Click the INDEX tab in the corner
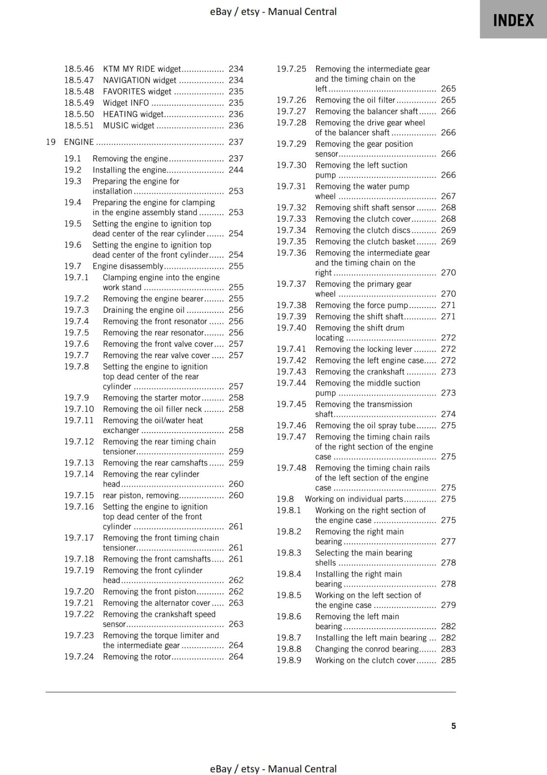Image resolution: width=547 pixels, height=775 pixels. (513, 20)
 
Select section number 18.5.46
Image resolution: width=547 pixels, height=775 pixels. (79, 69)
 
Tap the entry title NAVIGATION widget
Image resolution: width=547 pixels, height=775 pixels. (139, 80)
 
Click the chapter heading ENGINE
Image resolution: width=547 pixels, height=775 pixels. (79, 142)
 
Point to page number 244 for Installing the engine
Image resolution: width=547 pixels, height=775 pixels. (236, 170)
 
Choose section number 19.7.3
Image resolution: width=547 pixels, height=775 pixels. (76, 310)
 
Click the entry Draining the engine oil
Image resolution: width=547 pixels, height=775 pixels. (144, 310)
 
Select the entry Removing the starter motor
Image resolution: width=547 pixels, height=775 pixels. (152, 398)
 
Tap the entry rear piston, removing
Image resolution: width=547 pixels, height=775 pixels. (141, 495)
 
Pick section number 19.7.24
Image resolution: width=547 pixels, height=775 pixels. (79, 656)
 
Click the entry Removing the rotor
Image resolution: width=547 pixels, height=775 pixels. (137, 656)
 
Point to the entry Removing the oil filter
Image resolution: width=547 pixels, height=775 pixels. (355, 100)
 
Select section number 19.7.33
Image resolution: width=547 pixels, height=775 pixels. (291, 219)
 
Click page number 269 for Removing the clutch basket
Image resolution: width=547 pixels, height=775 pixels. (448, 241)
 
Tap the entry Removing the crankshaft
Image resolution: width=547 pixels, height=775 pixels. (360, 372)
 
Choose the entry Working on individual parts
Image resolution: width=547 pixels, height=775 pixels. (354, 499)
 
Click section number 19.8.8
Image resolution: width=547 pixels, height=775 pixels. (289, 649)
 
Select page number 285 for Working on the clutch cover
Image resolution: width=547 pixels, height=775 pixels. (448, 660)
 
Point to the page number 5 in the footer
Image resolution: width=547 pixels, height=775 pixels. (454, 726)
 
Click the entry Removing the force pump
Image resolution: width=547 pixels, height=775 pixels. (362, 305)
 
